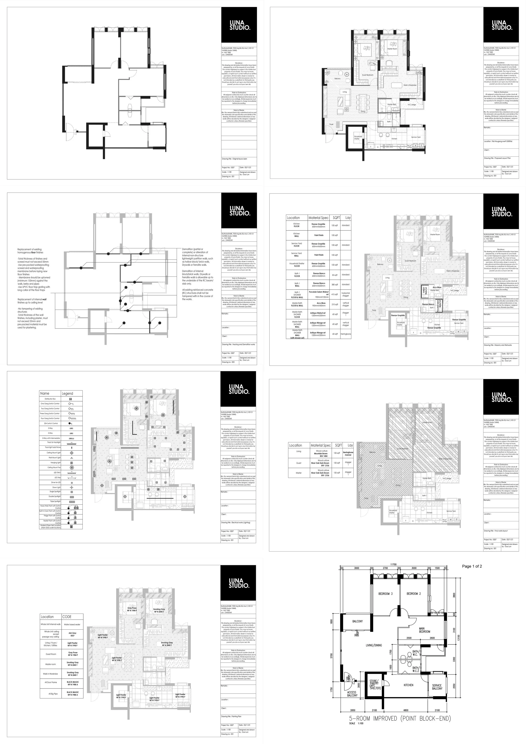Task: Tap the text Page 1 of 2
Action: point(472,566)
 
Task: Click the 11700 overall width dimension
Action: point(393,564)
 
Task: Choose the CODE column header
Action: point(67,617)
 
